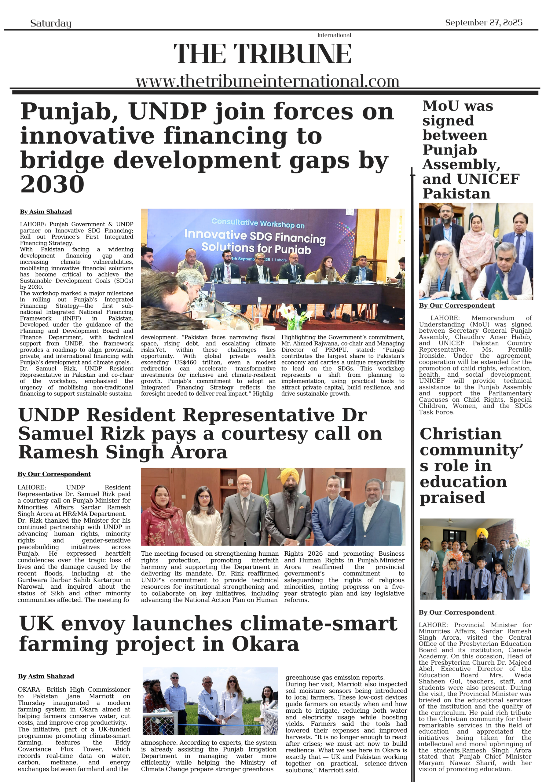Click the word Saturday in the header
[x=50, y=23]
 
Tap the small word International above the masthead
[x=334, y=35]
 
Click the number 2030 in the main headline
[x=52, y=184]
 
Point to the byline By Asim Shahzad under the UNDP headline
[x=46, y=212]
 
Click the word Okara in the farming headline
[x=265, y=644]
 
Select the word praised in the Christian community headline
[x=452, y=498]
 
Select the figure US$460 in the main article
[x=185, y=362]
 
